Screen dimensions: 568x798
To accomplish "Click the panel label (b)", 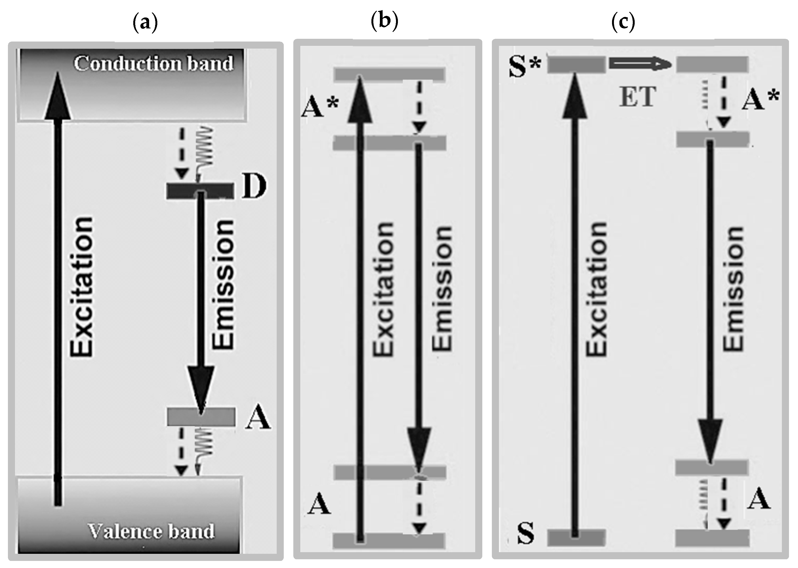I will tap(384, 21).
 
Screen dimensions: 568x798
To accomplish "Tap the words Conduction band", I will tap(153, 64).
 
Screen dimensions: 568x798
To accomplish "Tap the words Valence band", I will tap(151, 531).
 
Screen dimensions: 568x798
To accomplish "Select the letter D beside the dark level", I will tap(254, 187).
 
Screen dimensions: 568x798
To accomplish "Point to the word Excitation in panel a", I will tap(82, 287).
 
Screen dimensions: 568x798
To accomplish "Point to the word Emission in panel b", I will tap(442, 289).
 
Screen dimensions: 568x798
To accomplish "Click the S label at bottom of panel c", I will tap(525, 533).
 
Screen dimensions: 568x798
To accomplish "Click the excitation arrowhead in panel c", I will tap(575, 96).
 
